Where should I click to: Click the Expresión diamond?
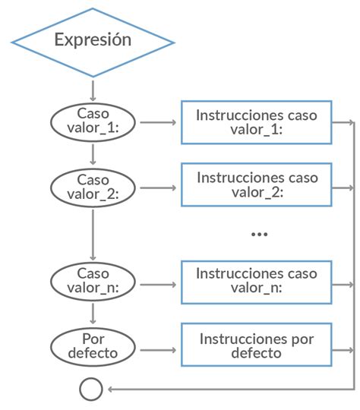point(92,39)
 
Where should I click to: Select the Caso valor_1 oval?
point(93,121)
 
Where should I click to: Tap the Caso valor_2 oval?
point(93,186)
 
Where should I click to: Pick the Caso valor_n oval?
point(93,282)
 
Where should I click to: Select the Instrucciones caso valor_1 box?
point(256,121)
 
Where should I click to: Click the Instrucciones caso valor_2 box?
point(256,184)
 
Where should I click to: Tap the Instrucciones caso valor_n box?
point(256,282)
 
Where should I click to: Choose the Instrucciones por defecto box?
point(256,345)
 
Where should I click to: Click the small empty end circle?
point(91,389)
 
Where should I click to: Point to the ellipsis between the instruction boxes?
point(260,234)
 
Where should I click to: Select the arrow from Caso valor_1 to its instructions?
point(158,121)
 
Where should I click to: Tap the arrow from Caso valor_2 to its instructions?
point(158,186)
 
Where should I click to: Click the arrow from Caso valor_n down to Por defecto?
point(93,313)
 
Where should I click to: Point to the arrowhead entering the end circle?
point(111,389)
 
